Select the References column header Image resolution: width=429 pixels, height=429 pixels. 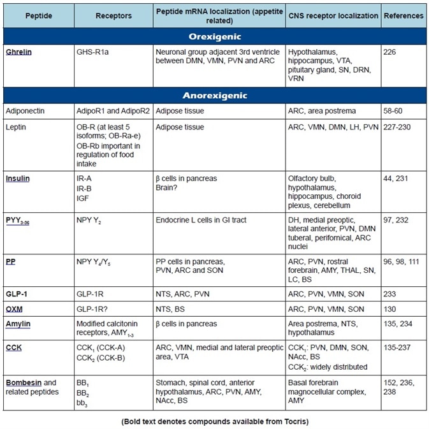(x=403, y=15)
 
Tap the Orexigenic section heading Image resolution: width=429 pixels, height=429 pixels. (x=214, y=36)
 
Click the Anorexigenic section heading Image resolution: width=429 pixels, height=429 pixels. (x=214, y=96)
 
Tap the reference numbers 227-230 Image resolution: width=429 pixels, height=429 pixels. (x=398, y=127)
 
